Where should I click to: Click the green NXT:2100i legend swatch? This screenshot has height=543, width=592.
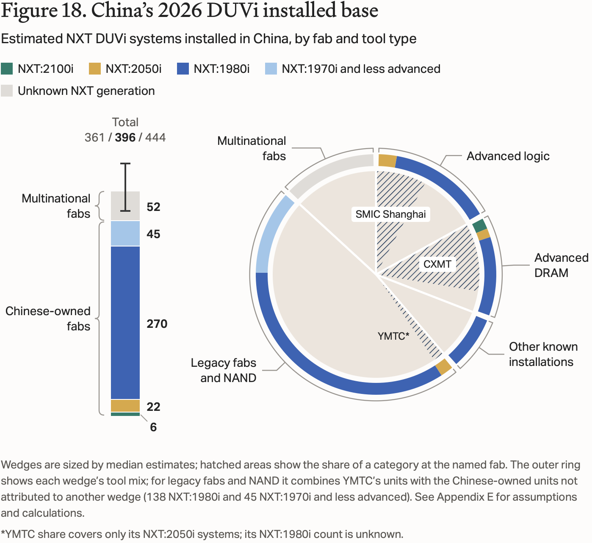click(x=7, y=69)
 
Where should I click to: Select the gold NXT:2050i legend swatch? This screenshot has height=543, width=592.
click(x=95, y=69)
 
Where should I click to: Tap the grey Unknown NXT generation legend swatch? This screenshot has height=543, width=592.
click(x=7, y=91)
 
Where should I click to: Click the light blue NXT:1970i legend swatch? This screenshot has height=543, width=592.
click(x=271, y=69)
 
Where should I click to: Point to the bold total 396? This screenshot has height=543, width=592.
click(x=125, y=137)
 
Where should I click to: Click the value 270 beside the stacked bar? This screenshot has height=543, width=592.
click(x=157, y=324)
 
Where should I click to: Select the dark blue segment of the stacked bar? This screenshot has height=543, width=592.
click(x=125, y=322)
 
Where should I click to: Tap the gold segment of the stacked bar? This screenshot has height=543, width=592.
click(x=125, y=406)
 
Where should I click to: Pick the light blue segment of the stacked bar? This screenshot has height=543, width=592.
click(x=125, y=233)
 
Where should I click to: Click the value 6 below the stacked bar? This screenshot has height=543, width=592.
click(x=153, y=427)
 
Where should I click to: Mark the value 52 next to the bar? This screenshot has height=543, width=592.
click(x=153, y=207)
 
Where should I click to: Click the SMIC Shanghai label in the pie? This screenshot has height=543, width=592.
click(x=390, y=214)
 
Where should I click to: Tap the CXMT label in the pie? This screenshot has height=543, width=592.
click(x=437, y=264)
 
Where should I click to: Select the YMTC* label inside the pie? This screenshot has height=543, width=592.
click(x=393, y=336)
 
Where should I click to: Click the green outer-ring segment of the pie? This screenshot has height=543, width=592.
click(x=479, y=226)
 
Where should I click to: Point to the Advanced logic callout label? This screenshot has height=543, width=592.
click(x=508, y=156)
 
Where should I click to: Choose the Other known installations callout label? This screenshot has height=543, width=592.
click(x=543, y=354)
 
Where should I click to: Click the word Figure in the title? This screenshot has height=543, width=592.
click(x=29, y=11)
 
